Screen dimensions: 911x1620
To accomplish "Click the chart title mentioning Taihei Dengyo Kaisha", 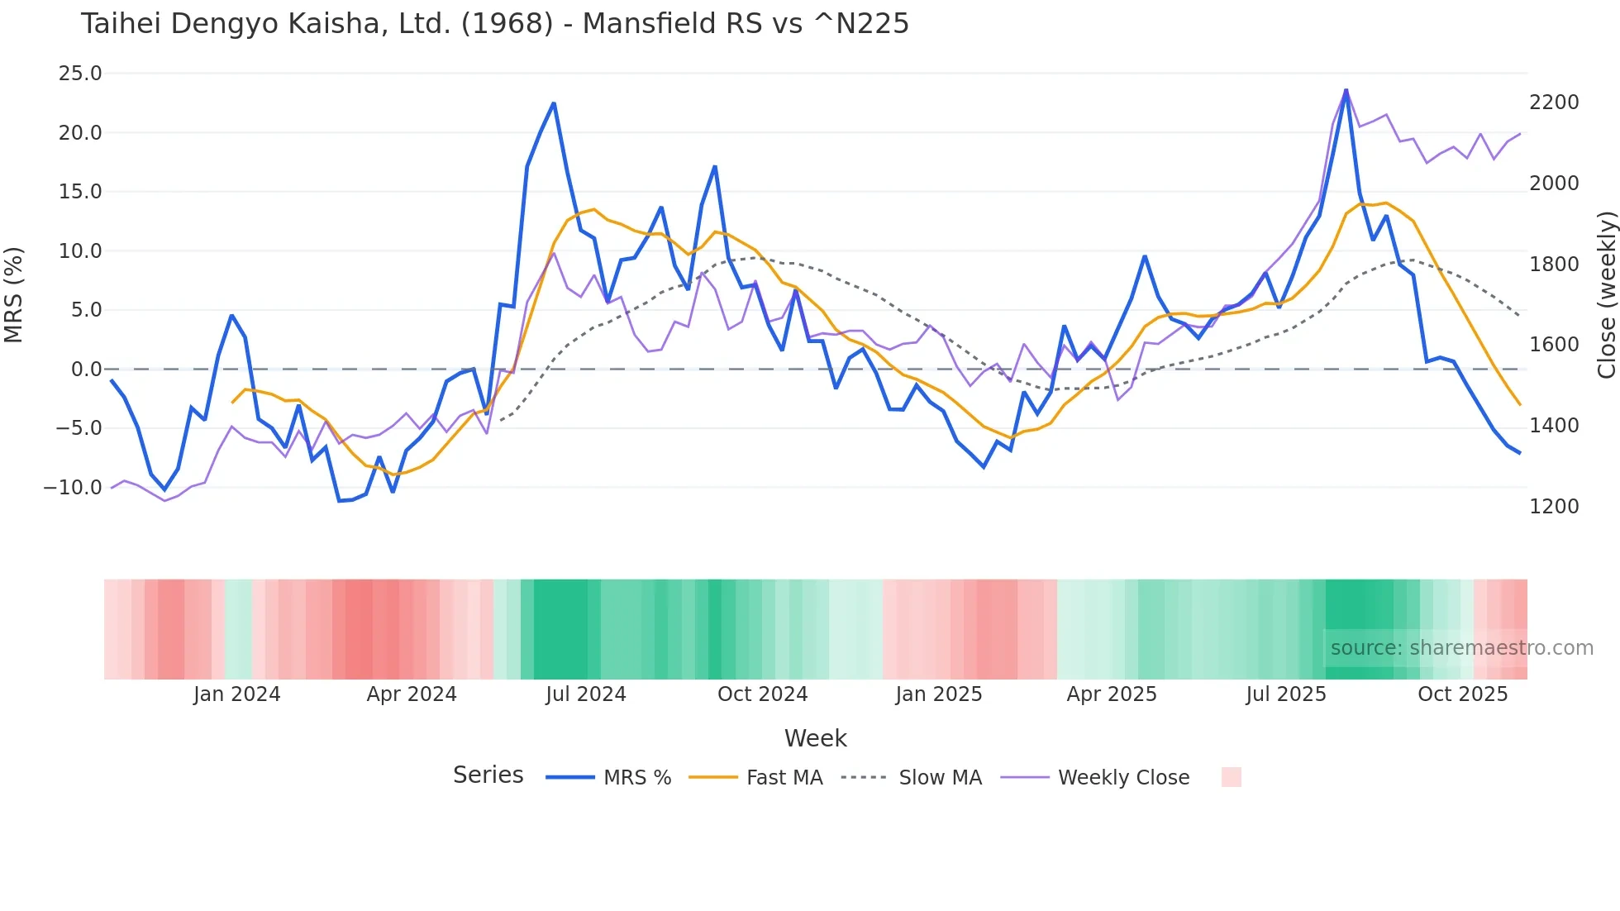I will (x=494, y=23).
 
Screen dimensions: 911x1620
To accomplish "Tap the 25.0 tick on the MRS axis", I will (x=80, y=74).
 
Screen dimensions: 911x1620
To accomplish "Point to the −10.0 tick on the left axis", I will (x=73, y=488).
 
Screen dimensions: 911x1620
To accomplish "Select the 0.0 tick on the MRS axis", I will (x=86, y=370).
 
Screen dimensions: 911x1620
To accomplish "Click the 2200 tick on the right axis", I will (x=1554, y=103).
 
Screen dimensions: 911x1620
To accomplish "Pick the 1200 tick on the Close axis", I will (x=1554, y=507).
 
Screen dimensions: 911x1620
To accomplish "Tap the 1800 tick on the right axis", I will (x=1554, y=265).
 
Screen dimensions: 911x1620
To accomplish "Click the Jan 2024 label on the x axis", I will (x=236, y=694).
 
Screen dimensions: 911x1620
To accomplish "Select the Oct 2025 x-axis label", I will (x=1462, y=694).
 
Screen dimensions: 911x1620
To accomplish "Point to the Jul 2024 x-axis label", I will (x=585, y=694).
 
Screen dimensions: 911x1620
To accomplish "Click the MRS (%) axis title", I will (x=14, y=294).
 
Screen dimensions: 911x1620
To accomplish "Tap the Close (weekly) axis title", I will (x=1606, y=294).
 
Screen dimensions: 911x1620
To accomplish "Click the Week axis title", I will (x=815, y=738).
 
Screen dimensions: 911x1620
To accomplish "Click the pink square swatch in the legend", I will (x=1231, y=777).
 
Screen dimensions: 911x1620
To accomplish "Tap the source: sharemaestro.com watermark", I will (x=1461, y=648).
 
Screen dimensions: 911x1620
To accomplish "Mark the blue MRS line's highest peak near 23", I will (x=1346, y=90).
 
